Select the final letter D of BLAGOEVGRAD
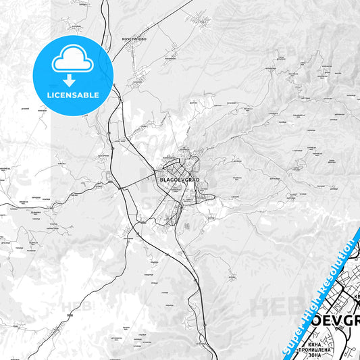pyautogui.click(x=199, y=180)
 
